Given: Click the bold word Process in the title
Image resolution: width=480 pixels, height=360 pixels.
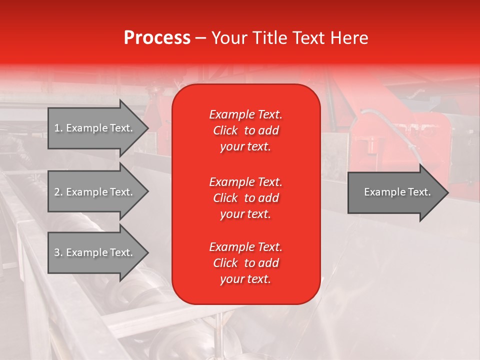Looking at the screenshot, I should coord(157,38).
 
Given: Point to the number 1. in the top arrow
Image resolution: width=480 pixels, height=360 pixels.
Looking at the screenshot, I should coord(58,128).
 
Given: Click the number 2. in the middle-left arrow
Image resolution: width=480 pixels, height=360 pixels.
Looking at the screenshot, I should coord(58,192).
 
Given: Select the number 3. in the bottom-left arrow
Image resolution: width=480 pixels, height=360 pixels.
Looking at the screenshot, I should coord(58,252).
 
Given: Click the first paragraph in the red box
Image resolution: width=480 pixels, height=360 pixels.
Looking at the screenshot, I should coord(245,130).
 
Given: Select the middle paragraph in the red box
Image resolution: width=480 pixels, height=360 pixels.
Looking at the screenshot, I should coord(245,198).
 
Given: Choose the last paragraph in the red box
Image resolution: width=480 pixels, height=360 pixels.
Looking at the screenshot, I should coord(245,263).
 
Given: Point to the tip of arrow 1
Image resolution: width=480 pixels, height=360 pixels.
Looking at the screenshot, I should coord(147,128).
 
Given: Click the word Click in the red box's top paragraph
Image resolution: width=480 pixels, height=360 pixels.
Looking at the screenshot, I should coord(225,130).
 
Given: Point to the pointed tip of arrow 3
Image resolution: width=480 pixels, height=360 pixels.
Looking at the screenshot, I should coord(147,252).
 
